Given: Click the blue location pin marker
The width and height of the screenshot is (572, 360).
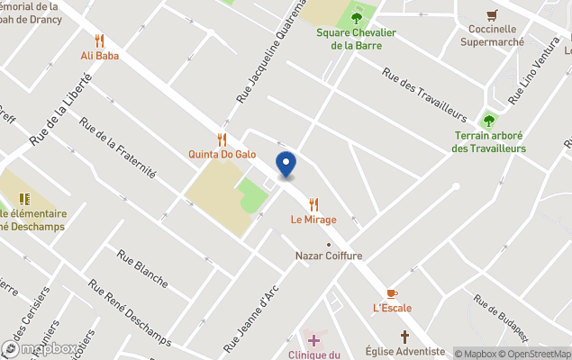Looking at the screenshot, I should tap(286, 166).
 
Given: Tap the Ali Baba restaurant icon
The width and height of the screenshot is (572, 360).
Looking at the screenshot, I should tap(100, 40).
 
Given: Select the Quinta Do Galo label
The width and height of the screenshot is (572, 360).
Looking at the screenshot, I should tap(222, 154).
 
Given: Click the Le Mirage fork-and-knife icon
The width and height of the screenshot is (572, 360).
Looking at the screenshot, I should tap(313, 204).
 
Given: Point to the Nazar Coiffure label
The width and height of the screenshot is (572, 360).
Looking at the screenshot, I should tap(328, 256).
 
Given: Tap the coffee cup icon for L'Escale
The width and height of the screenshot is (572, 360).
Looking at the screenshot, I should tap(391, 292).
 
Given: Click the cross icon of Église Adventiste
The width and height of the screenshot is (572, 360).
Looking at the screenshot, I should tap(404, 337).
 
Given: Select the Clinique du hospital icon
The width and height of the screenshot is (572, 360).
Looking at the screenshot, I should tap(313, 340).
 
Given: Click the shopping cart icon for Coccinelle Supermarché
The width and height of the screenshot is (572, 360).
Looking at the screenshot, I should tap(492, 15).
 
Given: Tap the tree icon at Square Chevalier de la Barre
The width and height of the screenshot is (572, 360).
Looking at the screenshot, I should tap(357, 17).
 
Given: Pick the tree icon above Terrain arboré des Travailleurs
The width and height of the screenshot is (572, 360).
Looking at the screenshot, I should tap(489, 121).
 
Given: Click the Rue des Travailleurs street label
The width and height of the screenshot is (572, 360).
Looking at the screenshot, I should tap(423, 96).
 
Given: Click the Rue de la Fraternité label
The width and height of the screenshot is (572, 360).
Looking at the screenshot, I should tap(118, 147).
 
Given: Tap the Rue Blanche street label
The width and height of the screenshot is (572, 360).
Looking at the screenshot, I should tap(141, 267).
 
